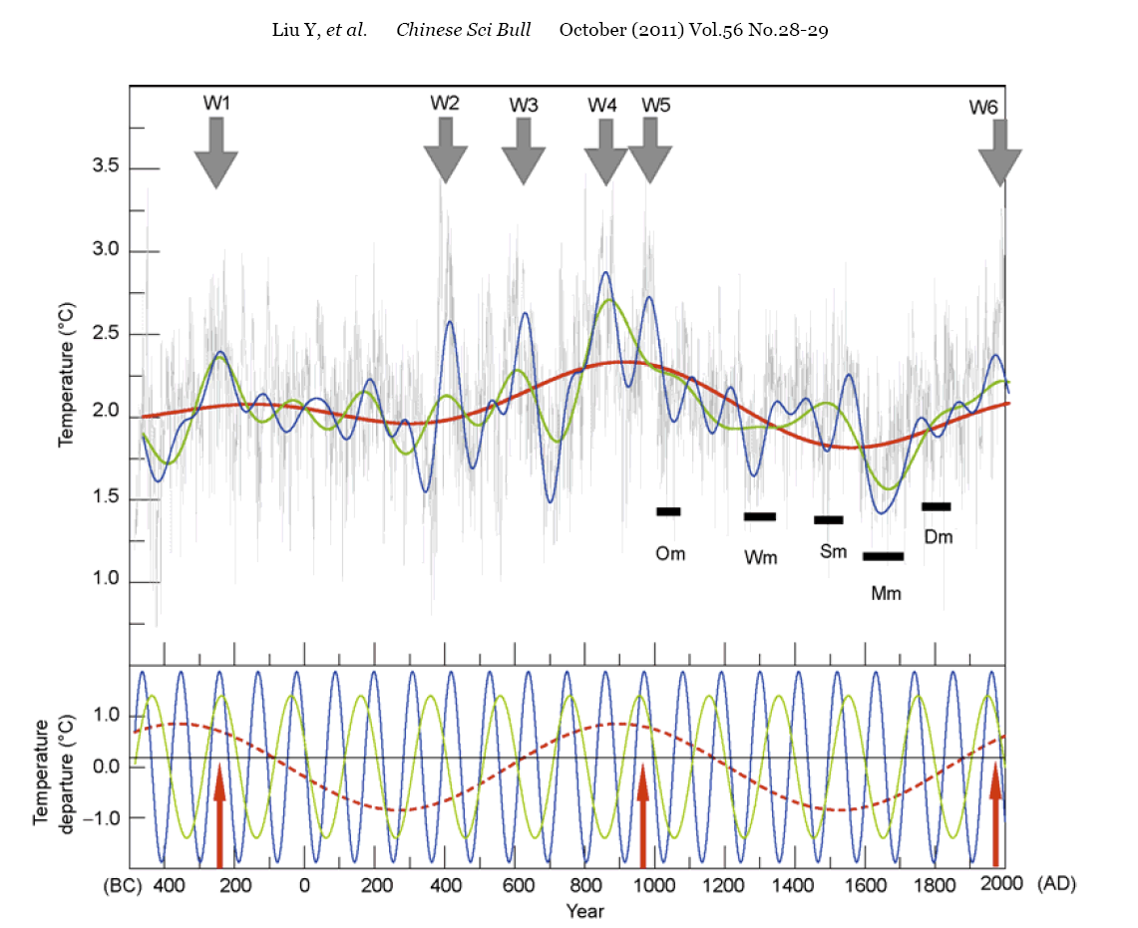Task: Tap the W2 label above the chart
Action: (445, 102)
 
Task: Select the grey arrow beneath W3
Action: (523, 151)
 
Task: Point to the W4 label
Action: (602, 105)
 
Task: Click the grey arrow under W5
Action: (649, 151)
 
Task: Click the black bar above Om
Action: (668, 511)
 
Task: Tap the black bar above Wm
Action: (759, 516)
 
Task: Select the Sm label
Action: (833, 551)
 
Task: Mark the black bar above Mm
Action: (884, 556)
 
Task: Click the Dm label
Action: (939, 537)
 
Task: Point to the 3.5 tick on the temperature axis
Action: (105, 167)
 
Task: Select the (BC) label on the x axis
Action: (126, 885)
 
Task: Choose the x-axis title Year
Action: (584, 911)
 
